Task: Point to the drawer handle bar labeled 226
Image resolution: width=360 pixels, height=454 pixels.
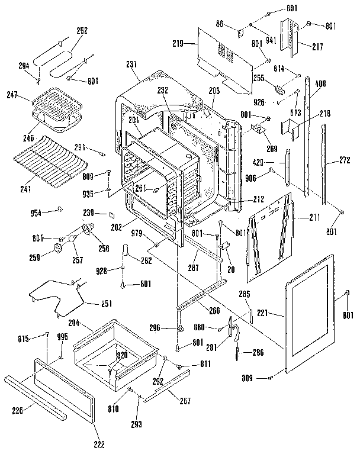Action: tap(36, 396)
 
